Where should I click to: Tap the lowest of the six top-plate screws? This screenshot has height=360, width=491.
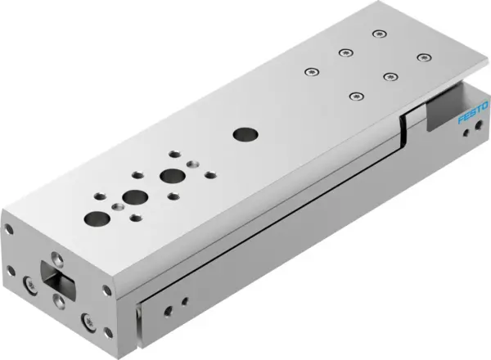coord(354,96)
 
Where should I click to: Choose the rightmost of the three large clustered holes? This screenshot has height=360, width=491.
coord(171,175)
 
